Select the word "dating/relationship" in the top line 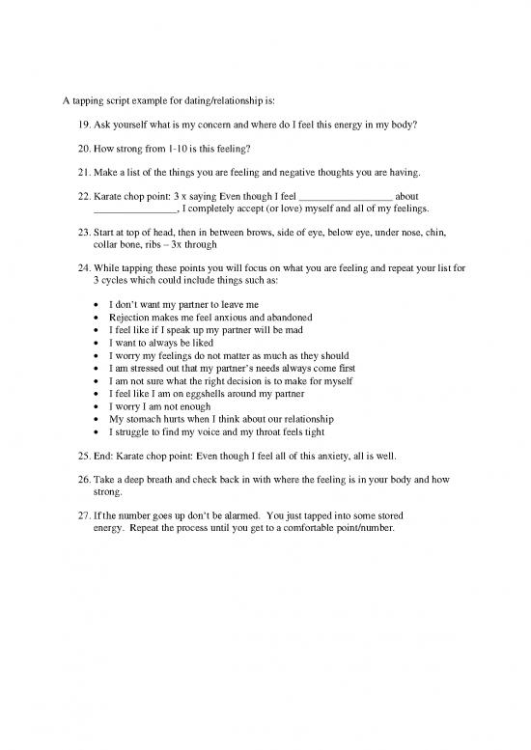225,99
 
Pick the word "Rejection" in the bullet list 131,317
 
